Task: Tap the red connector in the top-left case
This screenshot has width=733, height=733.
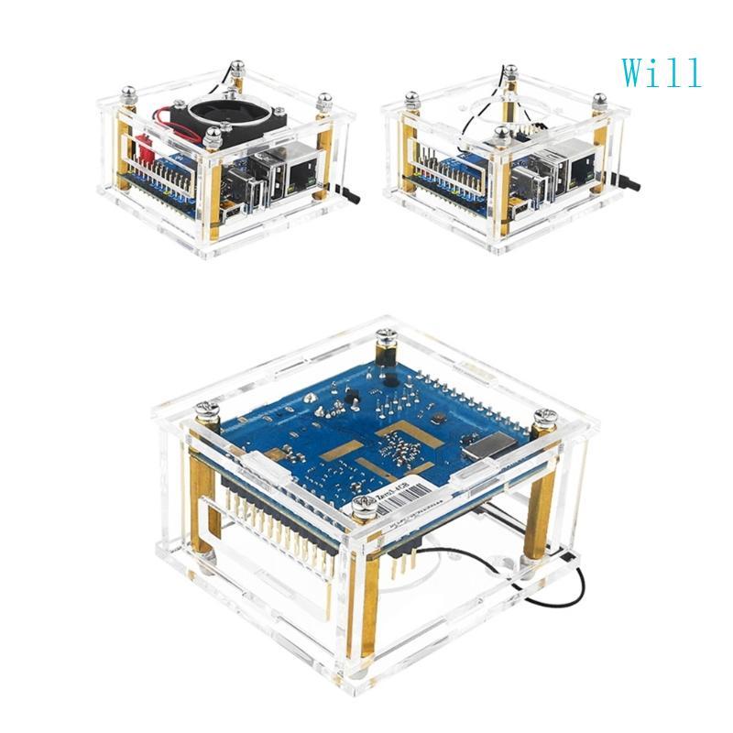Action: click(144, 146)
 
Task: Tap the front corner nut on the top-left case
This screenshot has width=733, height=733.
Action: click(213, 137)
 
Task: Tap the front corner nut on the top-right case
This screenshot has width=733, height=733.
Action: click(501, 134)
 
